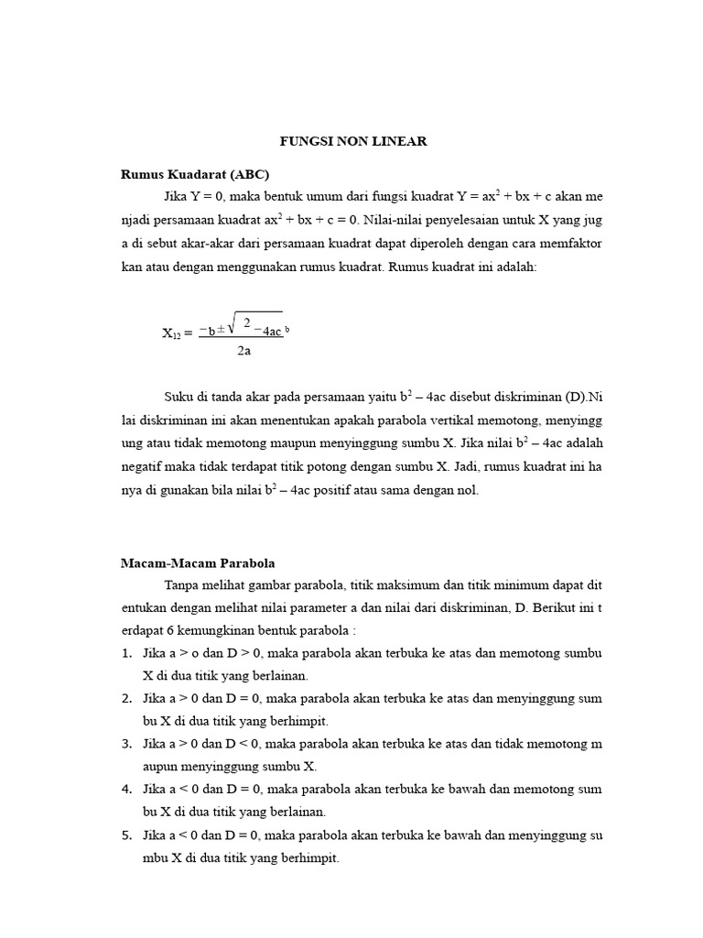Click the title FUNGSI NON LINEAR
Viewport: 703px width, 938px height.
pos(353,141)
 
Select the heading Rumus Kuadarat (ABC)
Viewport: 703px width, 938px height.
pos(195,174)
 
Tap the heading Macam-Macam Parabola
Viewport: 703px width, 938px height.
pos(198,562)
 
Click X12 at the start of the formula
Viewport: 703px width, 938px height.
pos(172,334)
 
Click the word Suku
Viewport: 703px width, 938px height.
pos(179,397)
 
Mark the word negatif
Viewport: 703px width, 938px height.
pos(145,466)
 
